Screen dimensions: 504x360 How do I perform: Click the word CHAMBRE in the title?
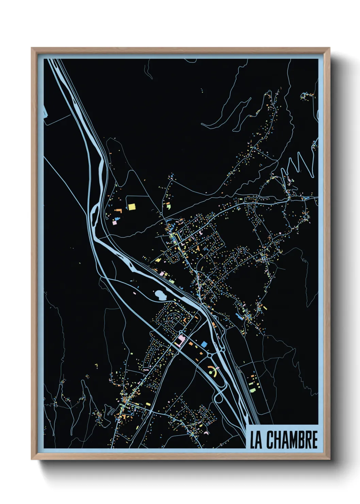(x=292, y=440)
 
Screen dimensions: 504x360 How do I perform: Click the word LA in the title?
(x=256, y=440)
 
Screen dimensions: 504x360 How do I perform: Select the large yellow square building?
(x=131, y=207)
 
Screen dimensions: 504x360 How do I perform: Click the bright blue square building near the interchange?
(x=204, y=344)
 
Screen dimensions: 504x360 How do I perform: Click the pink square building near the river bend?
(x=115, y=223)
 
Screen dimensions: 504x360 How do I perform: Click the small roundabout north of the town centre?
(x=161, y=214)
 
